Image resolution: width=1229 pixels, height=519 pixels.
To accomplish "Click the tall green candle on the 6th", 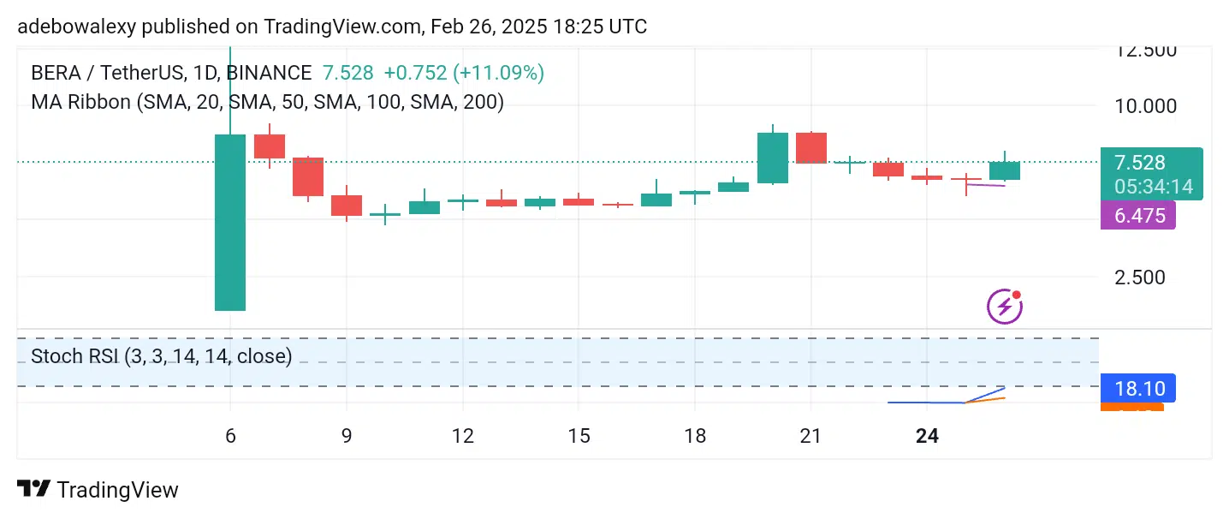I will (x=229, y=222).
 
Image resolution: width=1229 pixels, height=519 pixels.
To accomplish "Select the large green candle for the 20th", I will (x=773, y=158).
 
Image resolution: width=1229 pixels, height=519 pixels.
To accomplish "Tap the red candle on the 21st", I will (x=811, y=147).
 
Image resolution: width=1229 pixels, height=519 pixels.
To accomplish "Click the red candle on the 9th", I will (x=347, y=206).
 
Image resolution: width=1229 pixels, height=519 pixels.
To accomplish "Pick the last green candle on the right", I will (x=1005, y=170).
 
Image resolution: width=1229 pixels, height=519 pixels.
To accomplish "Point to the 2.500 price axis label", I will (x=1140, y=277).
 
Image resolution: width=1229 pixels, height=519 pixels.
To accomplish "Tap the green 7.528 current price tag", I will (x=1140, y=163).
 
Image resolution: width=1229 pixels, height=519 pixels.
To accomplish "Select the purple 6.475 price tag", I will (x=1137, y=216).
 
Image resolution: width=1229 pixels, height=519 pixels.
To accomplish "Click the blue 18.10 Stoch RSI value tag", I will (x=1137, y=389).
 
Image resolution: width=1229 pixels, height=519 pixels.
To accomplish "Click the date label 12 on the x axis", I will (x=463, y=436).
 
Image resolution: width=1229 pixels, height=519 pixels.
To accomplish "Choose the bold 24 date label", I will (x=927, y=436).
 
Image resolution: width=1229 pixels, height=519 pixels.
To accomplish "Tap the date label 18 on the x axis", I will (x=695, y=436).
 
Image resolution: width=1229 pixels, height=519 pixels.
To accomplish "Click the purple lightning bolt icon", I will (x=1005, y=306).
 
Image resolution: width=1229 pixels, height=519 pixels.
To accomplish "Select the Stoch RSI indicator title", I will (x=161, y=355).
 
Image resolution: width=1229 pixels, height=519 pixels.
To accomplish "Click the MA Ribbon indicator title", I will (x=267, y=102).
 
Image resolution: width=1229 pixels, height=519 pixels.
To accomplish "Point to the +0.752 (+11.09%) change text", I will (x=463, y=73).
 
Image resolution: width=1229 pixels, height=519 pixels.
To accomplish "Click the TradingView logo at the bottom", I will (x=98, y=490).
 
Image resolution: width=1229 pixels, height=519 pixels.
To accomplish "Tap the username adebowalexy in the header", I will (x=75, y=27).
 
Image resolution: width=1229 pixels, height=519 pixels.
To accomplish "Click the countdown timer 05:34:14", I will (x=1153, y=187).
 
